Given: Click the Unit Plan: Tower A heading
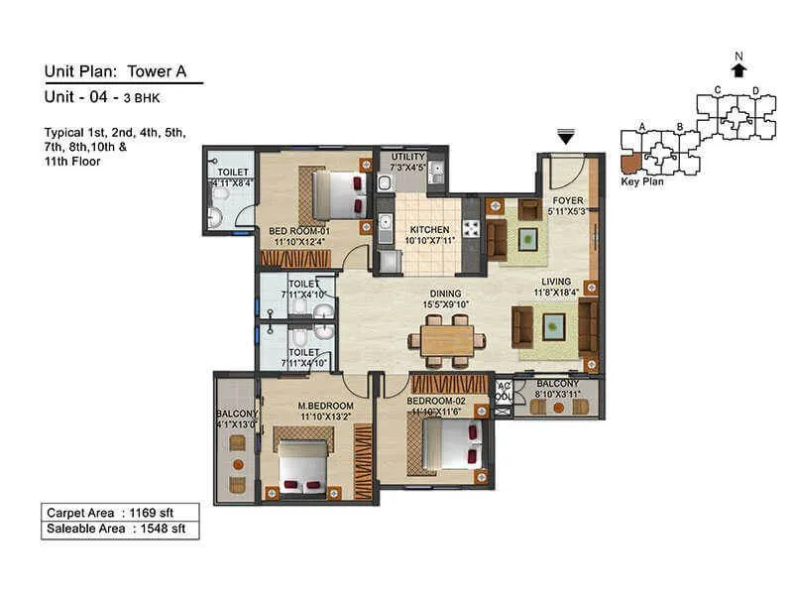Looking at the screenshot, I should tap(115, 70).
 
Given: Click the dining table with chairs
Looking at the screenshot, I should tap(447, 340).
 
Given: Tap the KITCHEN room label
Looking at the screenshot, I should tap(428, 229).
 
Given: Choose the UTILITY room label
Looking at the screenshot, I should tap(407, 157).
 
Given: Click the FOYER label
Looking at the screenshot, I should tap(568, 199).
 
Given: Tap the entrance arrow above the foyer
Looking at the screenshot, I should tap(566, 139).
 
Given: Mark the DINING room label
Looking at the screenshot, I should tap(447, 293).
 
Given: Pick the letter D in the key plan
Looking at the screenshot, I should tap(756, 92).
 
